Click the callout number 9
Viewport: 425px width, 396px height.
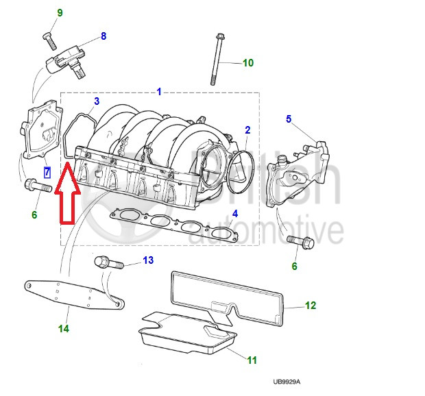[x=60, y=13]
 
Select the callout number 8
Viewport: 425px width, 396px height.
[x=104, y=36]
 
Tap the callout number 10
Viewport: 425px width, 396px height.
[x=248, y=63]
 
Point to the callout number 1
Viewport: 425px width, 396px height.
[x=159, y=91]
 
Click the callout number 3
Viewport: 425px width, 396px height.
[x=97, y=101]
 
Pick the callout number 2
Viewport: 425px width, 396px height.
[x=247, y=129]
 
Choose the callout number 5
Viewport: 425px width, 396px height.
[x=289, y=119]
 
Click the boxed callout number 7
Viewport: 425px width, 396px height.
[x=47, y=172]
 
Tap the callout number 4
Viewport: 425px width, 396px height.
[x=234, y=214]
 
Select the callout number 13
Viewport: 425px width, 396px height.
[x=148, y=260]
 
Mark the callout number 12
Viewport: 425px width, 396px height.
[x=310, y=306]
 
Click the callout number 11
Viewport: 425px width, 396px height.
[x=252, y=359]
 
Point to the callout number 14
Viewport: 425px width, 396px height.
[x=63, y=329]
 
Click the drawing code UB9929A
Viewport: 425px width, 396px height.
[x=286, y=382]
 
